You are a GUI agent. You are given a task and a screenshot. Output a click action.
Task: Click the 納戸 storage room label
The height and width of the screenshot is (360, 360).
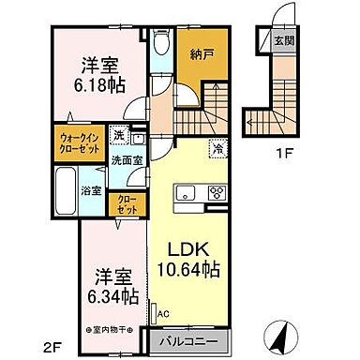[x=197, y=54]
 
